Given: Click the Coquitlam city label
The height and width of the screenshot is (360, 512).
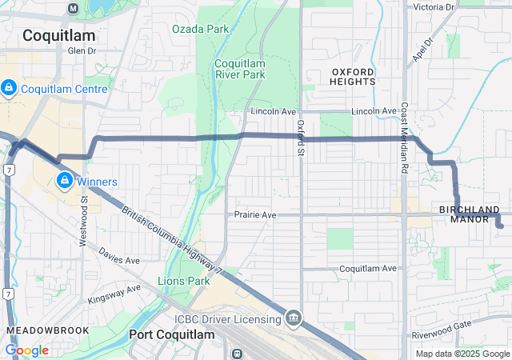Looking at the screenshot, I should (x=58, y=35).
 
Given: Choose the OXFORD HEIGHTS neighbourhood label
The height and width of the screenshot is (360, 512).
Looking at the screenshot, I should (x=353, y=77).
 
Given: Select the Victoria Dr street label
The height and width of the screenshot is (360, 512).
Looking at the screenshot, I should (x=433, y=7).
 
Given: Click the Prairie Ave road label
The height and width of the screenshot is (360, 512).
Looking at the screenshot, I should (x=255, y=215).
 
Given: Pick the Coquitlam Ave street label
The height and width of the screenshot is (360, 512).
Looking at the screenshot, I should (x=368, y=269).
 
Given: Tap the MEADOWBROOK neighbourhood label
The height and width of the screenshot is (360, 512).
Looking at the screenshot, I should (x=39, y=330).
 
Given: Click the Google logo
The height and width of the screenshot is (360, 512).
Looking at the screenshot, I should (x=27, y=350).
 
